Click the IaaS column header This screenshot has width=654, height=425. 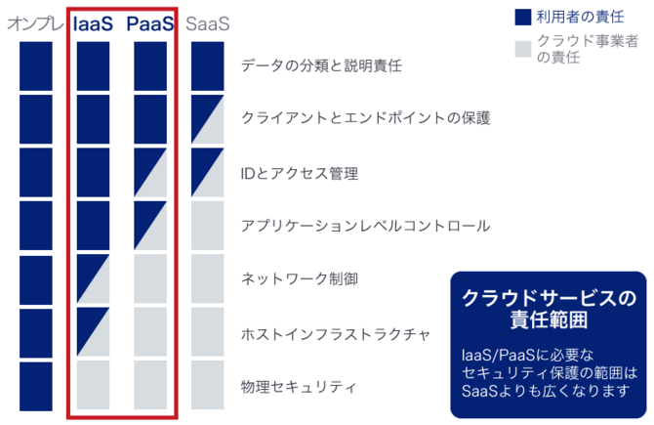click(93, 23)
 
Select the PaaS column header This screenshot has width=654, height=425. click(150, 23)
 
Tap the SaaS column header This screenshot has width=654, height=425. click(207, 23)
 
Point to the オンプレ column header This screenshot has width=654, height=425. click(35, 23)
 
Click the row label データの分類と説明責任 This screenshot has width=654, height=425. click(321, 65)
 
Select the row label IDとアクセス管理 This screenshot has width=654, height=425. click(299, 173)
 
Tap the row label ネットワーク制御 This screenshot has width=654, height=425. click(299, 278)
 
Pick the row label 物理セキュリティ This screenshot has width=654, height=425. click(299, 387)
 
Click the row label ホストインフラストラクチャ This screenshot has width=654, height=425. click(336, 334)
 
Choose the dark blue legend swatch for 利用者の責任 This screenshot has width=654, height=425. click(523, 18)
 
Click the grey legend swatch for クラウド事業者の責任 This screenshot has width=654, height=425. click(523, 49)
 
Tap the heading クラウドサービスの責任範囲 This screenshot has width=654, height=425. click(549, 309)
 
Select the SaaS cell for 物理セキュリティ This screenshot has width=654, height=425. click(207, 385)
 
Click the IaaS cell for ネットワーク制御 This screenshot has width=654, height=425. click(93, 278)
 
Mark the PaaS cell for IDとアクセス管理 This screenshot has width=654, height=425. click(150, 172)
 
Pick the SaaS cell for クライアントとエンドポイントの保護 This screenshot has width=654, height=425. click(207, 119)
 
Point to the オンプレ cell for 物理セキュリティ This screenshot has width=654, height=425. click(36, 386)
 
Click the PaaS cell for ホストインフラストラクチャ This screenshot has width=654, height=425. click(150, 332)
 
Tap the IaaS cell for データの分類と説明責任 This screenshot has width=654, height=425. click(93, 66)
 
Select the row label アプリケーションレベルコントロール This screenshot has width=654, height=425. click(365, 226)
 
